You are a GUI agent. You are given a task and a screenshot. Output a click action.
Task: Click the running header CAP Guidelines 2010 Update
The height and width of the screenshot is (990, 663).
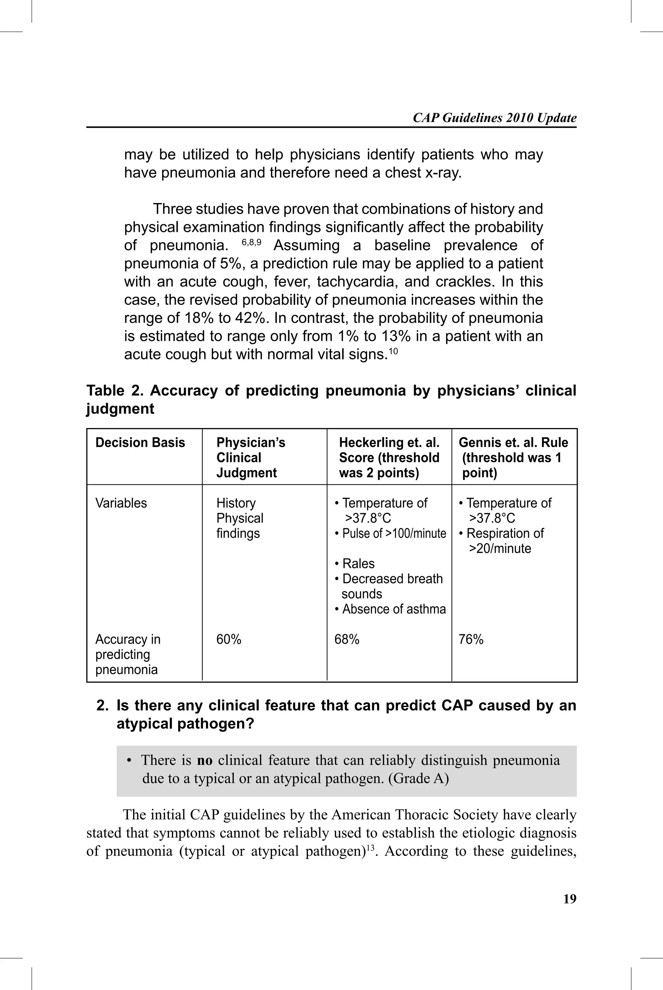[x=494, y=118]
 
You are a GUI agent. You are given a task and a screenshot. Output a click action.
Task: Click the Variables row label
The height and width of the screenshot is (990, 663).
[x=121, y=503]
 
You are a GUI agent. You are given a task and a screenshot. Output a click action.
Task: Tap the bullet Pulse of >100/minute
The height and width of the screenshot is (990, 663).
[x=390, y=534]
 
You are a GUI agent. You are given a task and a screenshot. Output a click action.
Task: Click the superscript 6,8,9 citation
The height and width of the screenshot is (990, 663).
[x=252, y=242]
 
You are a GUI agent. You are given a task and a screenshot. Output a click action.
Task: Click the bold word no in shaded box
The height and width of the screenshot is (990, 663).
[x=205, y=760]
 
